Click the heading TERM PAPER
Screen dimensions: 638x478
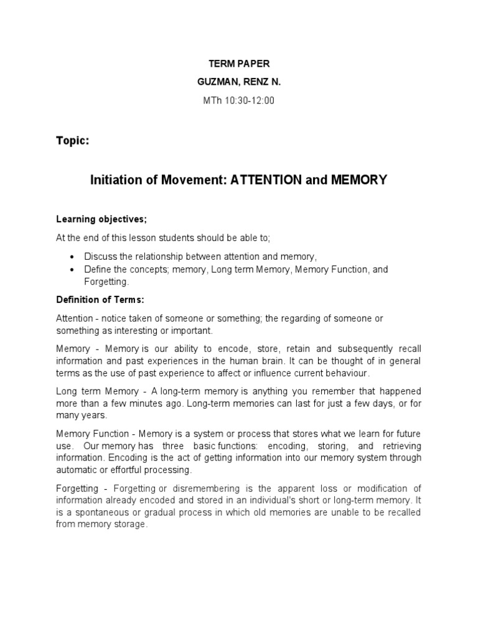pyautogui.click(x=238, y=64)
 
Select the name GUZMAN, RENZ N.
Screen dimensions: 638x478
pyautogui.click(x=238, y=82)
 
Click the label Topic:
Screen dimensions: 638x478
pyautogui.click(x=73, y=141)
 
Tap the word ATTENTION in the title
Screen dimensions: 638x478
pyautogui.click(x=265, y=180)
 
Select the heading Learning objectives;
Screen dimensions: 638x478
pyautogui.click(x=101, y=219)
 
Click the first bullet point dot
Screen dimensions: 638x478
pyautogui.click(x=73, y=256)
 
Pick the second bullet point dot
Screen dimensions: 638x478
pyautogui.click(x=73, y=270)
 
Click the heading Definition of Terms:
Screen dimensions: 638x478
pyautogui.click(x=100, y=300)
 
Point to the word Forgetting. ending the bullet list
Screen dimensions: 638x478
pyautogui.click(x=106, y=282)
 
